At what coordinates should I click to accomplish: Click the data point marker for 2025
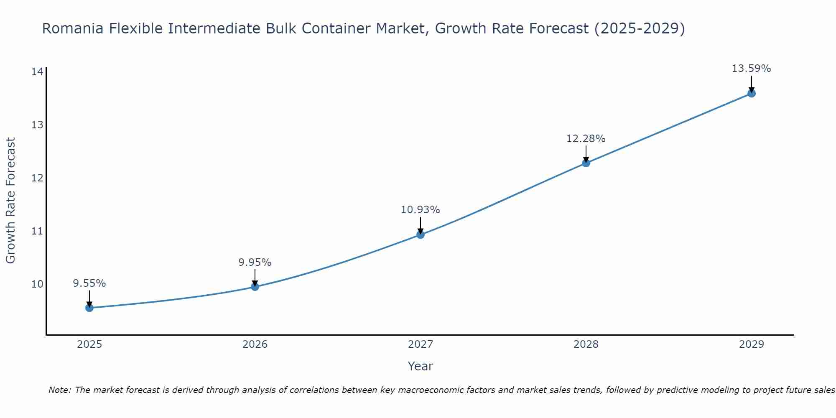click(x=89, y=308)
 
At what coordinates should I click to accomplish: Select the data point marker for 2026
click(x=255, y=287)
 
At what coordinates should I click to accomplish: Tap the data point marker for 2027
click(x=421, y=234)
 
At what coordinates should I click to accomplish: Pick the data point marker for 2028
click(x=586, y=163)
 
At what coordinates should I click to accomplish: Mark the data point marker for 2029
click(x=752, y=93)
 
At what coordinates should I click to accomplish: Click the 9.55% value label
click(x=89, y=283)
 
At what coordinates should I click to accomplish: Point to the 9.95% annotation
click(x=255, y=263)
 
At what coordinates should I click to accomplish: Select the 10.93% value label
click(x=421, y=210)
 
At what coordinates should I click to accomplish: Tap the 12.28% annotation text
click(x=586, y=139)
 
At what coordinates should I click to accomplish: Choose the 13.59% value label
click(x=752, y=69)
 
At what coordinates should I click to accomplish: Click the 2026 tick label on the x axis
click(x=255, y=344)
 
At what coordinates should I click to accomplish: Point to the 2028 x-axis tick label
click(x=586, y=344)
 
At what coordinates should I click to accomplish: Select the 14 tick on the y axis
click(x=37, y=72)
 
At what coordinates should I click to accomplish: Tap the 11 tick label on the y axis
click(x=37, y=231)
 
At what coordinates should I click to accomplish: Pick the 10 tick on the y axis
click(x=37, y=284)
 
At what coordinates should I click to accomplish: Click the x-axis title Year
click(x=421, y=366)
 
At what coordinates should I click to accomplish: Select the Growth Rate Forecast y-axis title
click(x=11, y=201)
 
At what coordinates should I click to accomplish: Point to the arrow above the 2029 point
click(x=752, y=84)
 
